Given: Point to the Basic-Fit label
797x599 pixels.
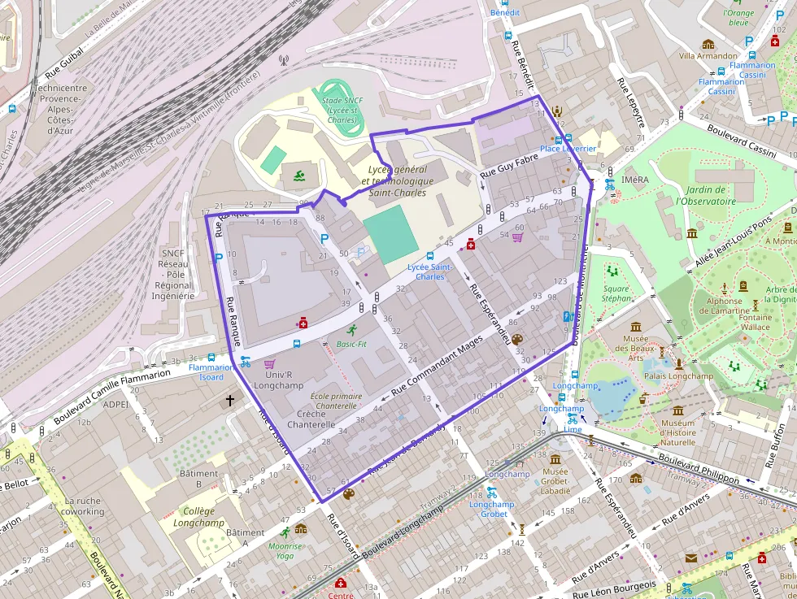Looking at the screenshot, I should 351,344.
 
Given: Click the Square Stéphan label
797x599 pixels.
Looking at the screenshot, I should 616,293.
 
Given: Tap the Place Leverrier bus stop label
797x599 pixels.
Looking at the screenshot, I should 568,149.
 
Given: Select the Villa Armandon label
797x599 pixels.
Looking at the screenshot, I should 708,56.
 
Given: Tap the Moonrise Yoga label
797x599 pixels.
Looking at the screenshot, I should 285,551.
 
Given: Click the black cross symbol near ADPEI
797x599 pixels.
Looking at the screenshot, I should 230,401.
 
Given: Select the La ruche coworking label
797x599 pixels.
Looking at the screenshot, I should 82,506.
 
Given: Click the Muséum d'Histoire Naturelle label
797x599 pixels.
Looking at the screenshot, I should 677,432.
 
